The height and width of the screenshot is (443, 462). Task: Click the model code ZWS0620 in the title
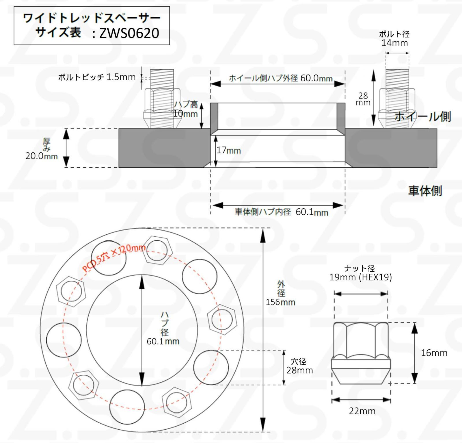tap(129, 33)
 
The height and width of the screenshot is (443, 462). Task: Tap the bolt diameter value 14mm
tap(394, 43)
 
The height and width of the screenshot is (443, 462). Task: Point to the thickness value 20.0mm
tap(42, 156)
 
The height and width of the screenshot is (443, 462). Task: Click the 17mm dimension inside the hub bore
tap(229, 150)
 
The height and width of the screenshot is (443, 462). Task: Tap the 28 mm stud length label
tap(363, 99)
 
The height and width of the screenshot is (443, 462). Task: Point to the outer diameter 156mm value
tap(280, 302)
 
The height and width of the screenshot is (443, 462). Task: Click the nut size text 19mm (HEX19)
tap(360, 277)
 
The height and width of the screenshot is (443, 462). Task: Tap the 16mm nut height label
tap(434, 353)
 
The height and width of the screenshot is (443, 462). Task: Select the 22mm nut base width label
tap(362, 411)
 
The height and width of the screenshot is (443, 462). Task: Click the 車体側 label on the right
tap(425, 191)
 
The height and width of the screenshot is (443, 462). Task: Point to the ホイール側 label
tap(422, 116)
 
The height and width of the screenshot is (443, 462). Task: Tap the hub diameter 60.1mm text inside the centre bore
tap(163, 341)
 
